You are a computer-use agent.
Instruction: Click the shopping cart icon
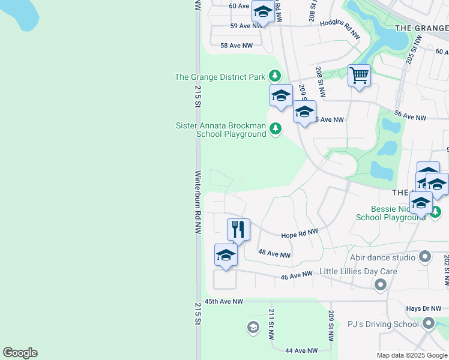point(359,76)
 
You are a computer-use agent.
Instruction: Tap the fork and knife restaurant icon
point(238,229)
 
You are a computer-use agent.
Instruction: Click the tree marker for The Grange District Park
point(275,76)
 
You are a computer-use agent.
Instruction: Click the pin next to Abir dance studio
point(426,257)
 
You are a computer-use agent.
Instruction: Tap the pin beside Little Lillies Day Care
point(379,285)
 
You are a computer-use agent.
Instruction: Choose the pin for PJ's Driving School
point(429,324)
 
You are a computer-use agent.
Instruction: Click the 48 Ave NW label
point(274,254)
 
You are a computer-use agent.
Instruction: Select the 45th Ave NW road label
point(223,301)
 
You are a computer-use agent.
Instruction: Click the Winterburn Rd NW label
point(197,202)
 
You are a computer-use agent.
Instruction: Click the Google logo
point(20,353)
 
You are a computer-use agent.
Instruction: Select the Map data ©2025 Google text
point(412,355)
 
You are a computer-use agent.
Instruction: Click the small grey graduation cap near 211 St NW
point(253,327)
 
